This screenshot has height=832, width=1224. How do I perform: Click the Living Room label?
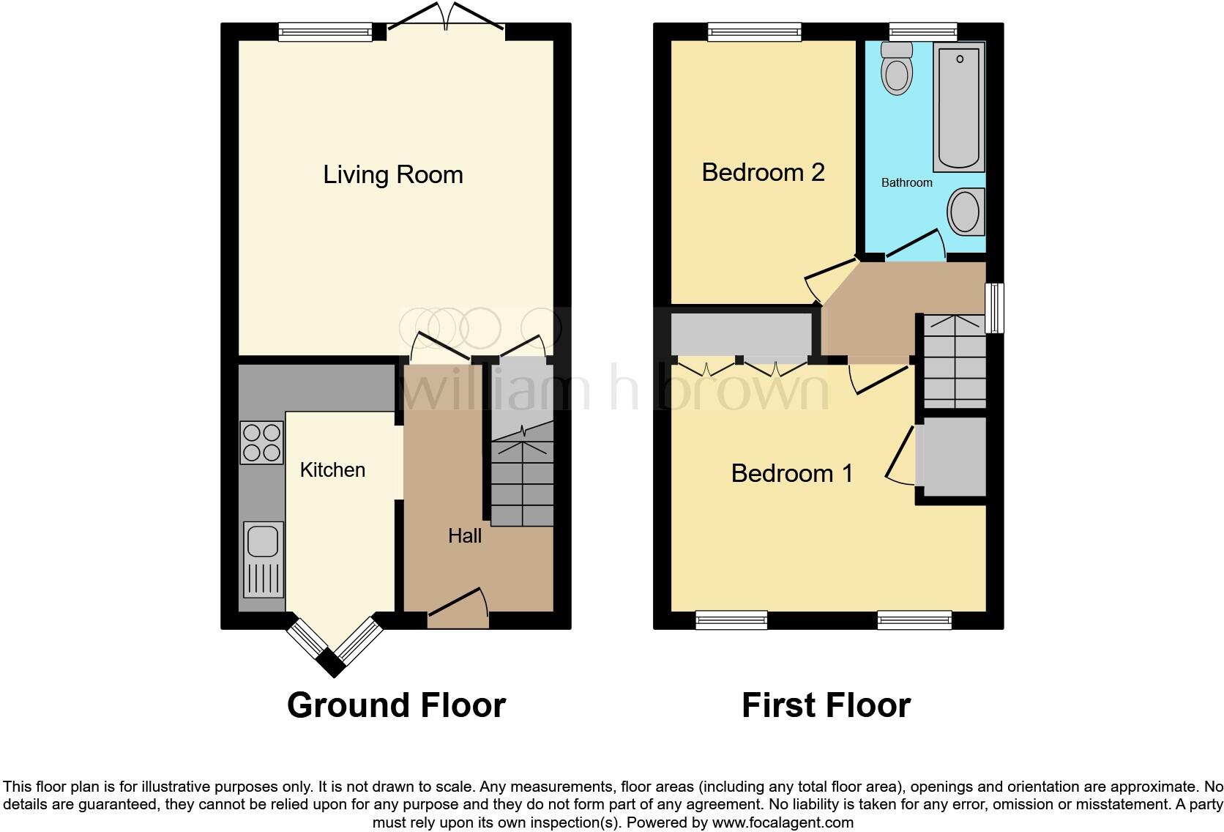tap(393, 175)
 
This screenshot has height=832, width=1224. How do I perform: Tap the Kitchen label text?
tap(332, 469)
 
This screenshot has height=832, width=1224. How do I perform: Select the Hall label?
tap(465, 535)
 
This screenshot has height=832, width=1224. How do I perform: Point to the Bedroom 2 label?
tap(763, 173)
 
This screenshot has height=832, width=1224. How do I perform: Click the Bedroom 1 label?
tap(792, 473)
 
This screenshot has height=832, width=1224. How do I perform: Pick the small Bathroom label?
tap(906, 182)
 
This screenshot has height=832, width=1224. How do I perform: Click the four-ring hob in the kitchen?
tap(262, 443)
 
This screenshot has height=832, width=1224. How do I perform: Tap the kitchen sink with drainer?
tap(264, 560)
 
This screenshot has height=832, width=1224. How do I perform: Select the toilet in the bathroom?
tap(897, 68)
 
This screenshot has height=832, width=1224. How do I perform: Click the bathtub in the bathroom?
tap(959, 107)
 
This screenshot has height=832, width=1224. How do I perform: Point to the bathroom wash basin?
tap(966, 212)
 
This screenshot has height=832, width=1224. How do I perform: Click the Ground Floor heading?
tap(397, 705)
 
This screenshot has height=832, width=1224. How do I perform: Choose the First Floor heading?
tap(826, 705)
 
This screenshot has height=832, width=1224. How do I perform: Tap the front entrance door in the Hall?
tap(458, 608)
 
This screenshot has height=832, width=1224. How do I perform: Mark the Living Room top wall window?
tap(325, 31)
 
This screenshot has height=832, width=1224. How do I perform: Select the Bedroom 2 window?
tap(755, 31)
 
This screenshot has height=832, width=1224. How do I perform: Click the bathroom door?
tap(916, 244)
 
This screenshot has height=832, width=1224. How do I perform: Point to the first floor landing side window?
tap(994, 308)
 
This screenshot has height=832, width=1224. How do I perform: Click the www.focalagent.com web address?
tap(783, 822)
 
